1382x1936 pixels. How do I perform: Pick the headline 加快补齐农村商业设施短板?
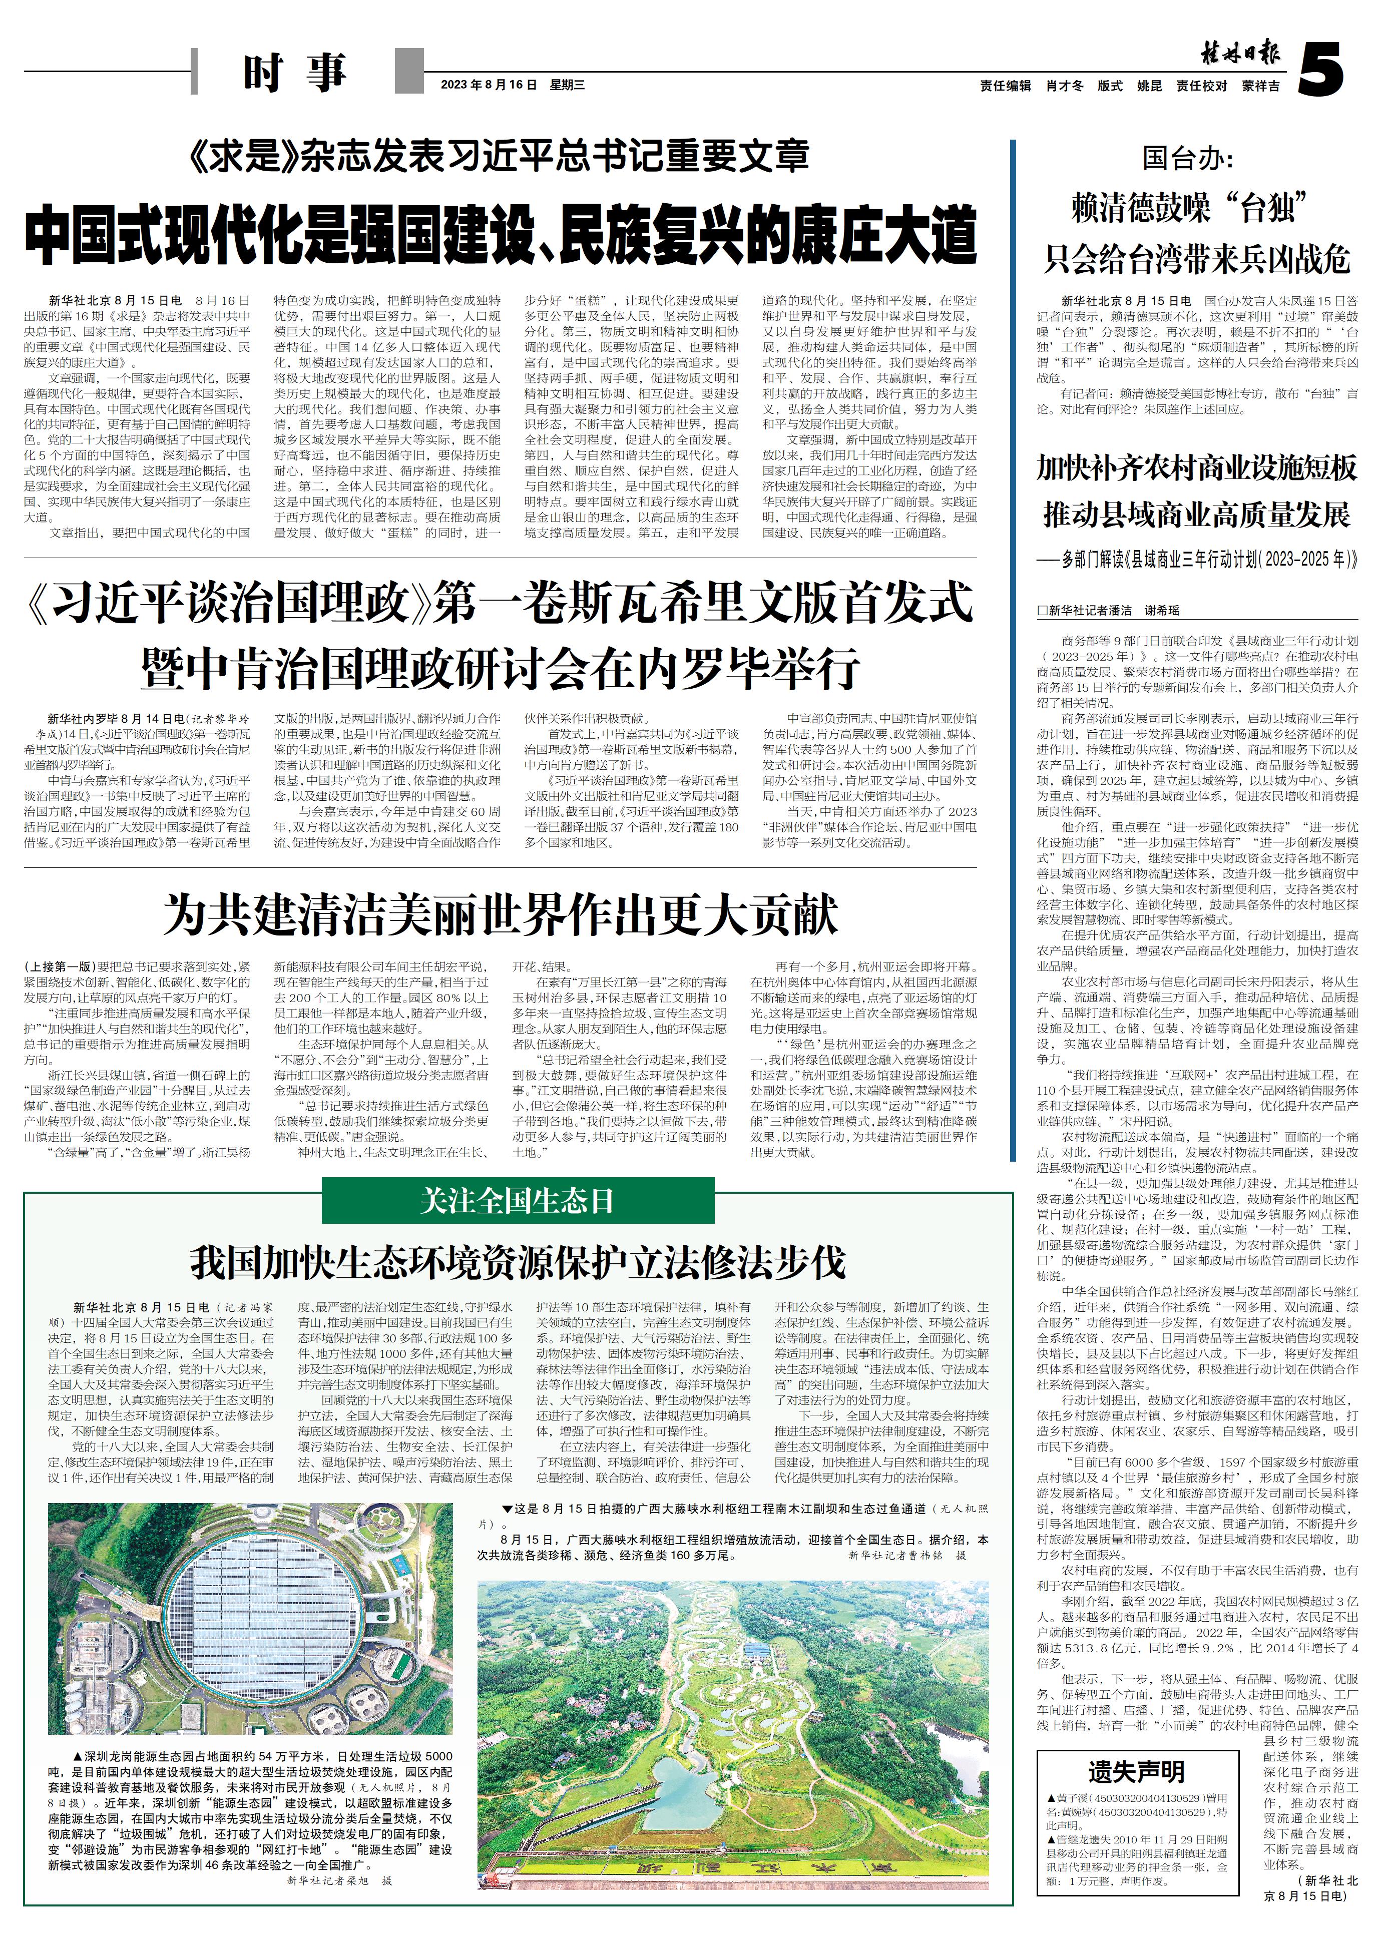tap(1196, 467)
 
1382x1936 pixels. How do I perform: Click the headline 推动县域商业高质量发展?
tap(1196, 514)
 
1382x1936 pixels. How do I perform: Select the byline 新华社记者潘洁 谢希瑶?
tap(1108, 610)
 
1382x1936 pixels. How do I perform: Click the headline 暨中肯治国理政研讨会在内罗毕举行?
tap(501, 670)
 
